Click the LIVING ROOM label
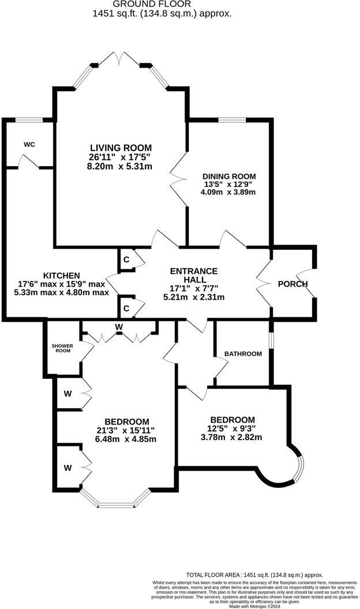tap(121, 148)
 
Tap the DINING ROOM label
tap(228, 176)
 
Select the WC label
tap(29, 144)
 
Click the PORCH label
tap(292, 284)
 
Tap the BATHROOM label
tap(243, 354)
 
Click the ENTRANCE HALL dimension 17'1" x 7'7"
tap(194, 288)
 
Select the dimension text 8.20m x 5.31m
tap(121, 166)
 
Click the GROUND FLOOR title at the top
tap(162, 4)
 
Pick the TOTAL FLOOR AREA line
tap(254, 575)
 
